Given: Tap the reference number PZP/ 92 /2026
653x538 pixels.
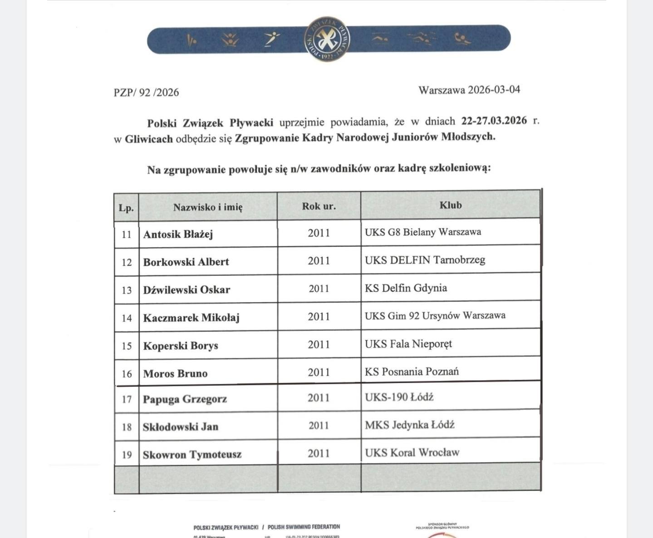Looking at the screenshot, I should click(x=146, y=92).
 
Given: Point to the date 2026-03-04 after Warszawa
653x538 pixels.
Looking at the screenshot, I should click(x=494, y=90).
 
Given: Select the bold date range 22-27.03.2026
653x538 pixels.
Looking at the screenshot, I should click(x=494, y=121).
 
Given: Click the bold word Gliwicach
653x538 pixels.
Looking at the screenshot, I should click(x=149, y=139).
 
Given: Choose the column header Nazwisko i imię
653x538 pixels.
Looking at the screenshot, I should click(x=208, y=207).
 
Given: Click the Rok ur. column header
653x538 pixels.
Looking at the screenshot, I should click(x=319, y=206).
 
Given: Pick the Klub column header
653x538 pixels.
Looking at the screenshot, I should click(x=450, y=205).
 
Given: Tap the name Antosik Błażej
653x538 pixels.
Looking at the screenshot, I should click(x=178, y=234).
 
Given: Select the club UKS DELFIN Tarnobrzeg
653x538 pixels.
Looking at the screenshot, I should click(x=425, y=260).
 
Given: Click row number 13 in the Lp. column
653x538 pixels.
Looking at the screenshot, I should click(x=127, y=290).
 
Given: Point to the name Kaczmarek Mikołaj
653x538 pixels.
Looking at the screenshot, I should click(x=191, y=318).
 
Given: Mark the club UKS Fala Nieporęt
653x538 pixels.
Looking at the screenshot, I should click(x=408, y=344).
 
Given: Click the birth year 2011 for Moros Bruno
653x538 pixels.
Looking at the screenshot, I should click(x=319, y=373).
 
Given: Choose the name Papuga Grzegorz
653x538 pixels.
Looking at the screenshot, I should click(x=185, y=399).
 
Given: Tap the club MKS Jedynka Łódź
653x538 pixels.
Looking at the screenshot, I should click(x=409, y=425).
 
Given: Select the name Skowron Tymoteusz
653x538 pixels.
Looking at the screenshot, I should click(x=192, y=455).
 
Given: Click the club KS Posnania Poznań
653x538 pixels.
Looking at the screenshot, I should click(x=412, y=372).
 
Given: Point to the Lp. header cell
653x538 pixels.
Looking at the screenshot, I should click(x=126, y=208).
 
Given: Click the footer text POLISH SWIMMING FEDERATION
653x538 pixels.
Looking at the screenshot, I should click(x=304, y=527).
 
